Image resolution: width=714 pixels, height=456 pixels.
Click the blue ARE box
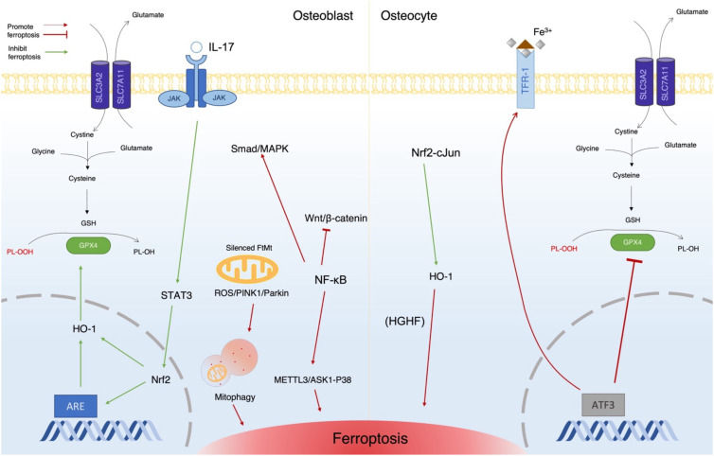[x=76, y=406]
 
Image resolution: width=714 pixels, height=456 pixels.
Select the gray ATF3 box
[x=603, y=405]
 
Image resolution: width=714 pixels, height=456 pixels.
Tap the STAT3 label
[x=176, y=295]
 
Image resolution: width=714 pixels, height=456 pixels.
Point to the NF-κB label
[x=330, y=280]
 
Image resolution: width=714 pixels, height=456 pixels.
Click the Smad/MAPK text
[x=259, y=149]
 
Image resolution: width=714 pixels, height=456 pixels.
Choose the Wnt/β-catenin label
[x=336, y=219]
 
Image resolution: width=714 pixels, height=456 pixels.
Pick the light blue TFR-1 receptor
[x=526, y=79]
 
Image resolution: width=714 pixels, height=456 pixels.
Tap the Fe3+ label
[x=543, y=32]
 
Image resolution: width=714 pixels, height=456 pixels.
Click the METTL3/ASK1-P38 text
[x=312, y=379]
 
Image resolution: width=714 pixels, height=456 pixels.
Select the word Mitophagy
[x=235, y=397]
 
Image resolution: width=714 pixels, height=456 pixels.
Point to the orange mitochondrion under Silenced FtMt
[x=247, y=269]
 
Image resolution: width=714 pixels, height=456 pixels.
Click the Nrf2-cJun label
[x=436, y=153]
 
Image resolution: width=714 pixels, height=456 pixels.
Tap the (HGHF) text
[x=404, y=322]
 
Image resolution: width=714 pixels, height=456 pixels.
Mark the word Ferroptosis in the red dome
[x=370, y=439]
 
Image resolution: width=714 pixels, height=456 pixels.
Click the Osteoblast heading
[x=323, y=16]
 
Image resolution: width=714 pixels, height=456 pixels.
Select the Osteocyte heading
[x=409, y=16]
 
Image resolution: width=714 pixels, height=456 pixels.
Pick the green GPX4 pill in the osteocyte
[x=633, y=242]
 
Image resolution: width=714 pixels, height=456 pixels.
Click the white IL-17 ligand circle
[x=196, y=47]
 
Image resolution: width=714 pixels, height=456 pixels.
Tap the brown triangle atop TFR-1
[x=526, y=44]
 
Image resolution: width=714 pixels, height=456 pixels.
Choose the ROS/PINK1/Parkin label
[x=251, y=293]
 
